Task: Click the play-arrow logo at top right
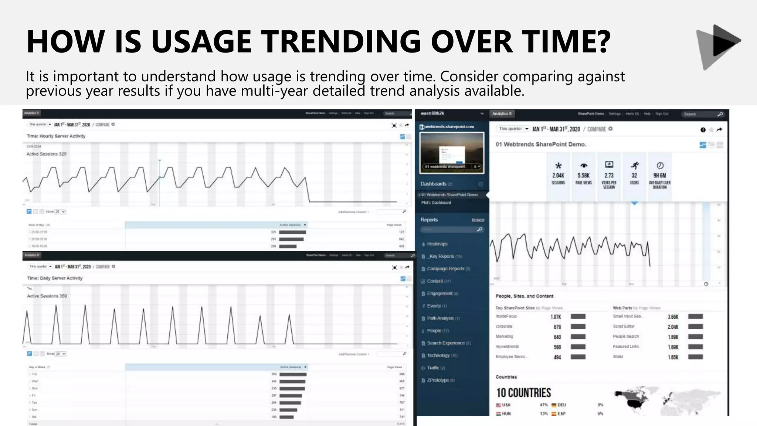coord(719,46)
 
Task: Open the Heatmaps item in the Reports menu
coord(437,244)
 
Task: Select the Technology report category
coord(438,355)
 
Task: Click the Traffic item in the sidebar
coord(433,368)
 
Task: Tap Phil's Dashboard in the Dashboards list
coord(436,203)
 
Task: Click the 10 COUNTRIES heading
coord(523,393)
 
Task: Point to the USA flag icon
coord(498,405)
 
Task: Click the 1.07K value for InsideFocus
coord(556,317)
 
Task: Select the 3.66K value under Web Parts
coord(673,317)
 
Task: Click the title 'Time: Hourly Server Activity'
coord(56,136)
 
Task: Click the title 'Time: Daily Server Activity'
coord(55,278)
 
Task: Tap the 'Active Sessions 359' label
coord(47,296)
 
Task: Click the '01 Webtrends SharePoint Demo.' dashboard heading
coord(541,144)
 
